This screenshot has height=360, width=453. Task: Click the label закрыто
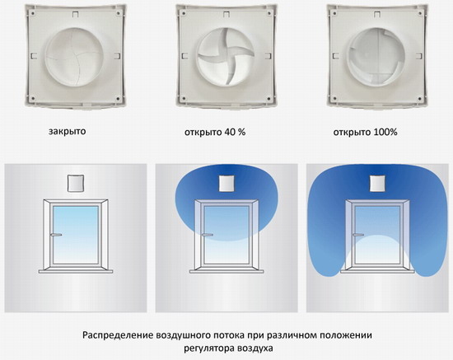pos(68,132)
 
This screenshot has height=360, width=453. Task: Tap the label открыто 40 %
pos(215,133)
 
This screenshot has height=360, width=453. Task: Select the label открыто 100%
pos(365,133)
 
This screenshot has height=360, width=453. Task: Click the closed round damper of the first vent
pos(74,57)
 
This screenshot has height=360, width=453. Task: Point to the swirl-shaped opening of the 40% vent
pos(226,57)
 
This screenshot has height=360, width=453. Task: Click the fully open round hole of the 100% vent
pos(376,57)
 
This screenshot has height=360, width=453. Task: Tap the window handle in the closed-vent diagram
pos(56,235)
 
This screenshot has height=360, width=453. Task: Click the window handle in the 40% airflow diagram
pos(207,235)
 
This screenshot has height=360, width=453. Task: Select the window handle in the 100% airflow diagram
pos(358,235)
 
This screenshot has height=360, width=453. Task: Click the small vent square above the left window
pos(76,183)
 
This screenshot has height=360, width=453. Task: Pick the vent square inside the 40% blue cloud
pos(226,183)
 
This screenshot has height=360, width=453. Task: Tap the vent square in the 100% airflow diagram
pos(378,183)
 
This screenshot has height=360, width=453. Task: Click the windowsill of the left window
pos(76,271)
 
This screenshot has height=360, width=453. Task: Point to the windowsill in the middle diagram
pos(226,271)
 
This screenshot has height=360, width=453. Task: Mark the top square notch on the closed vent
pos(75,14)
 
